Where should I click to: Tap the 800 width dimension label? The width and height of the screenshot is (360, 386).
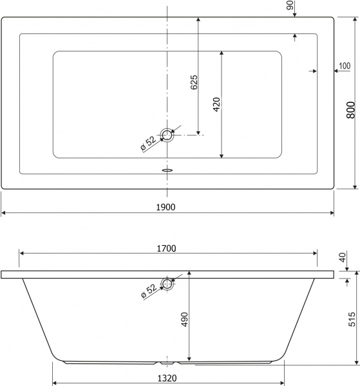point(350,111)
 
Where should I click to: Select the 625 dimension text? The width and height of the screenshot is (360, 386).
point(194,82)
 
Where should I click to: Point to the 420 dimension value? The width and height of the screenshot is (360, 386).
point(216,104)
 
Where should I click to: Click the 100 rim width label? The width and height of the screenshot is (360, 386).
point(344,66)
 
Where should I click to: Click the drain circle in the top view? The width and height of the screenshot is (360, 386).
point(167,135)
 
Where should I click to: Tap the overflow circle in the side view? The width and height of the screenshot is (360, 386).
point(167,283)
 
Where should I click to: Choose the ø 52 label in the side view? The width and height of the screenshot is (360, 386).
point(147,291)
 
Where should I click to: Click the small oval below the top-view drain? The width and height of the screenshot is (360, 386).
point(167,170)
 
